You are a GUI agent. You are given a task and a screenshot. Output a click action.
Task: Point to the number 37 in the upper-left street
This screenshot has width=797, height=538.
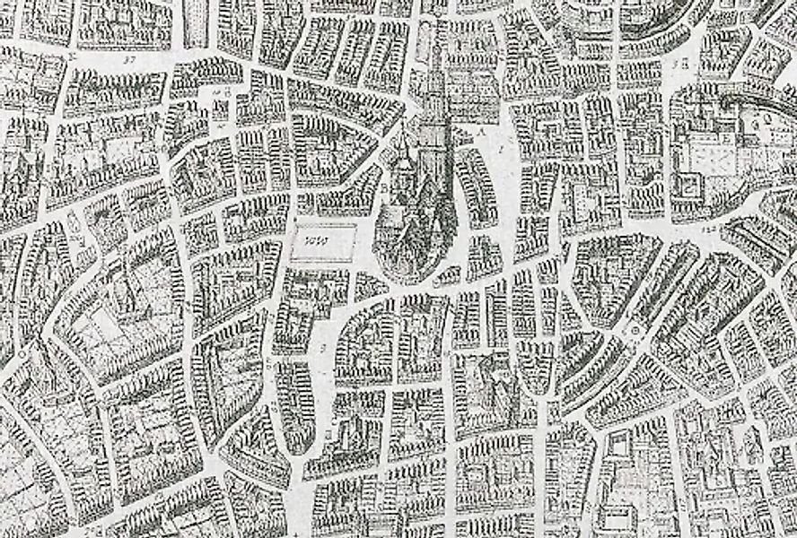pyautogui.click(x=128, y=60)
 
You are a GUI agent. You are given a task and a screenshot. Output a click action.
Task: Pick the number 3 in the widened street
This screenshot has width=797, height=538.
pyautogui.click(x=322, y=343)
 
